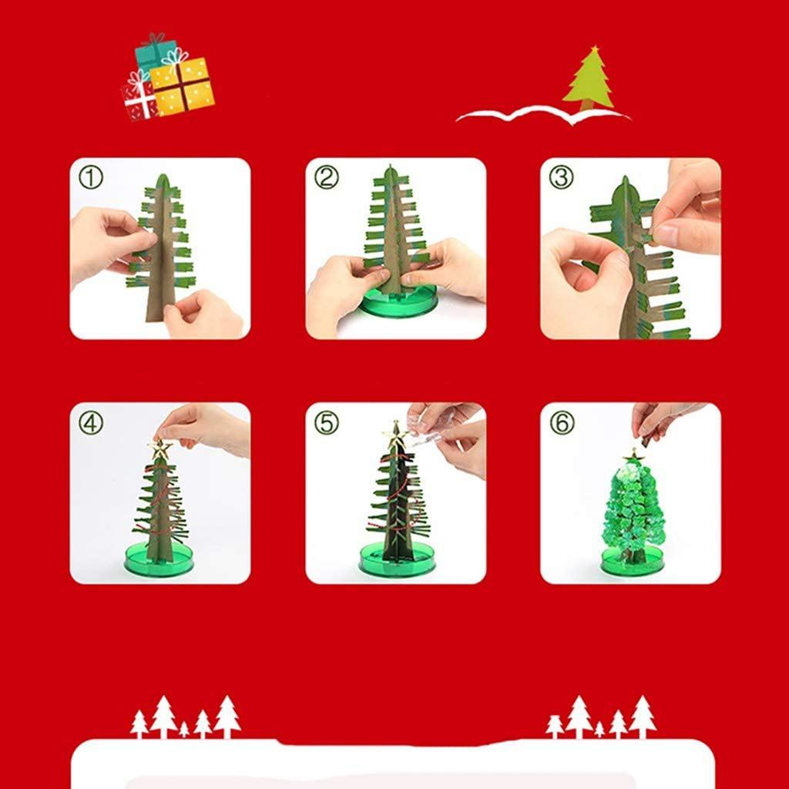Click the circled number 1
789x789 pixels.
pos(91,179)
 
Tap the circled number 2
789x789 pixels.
pos(326,179)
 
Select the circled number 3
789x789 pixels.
pos(561,177)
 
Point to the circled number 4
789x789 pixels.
pos(91,422)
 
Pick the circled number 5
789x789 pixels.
pos(326,422)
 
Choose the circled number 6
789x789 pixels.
pos(561,422)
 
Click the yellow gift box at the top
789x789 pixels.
pos(183,86)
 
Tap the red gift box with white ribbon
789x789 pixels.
pos(139,101)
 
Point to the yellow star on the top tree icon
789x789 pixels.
pos(594,51)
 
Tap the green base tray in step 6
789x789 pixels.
pos(632,562)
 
